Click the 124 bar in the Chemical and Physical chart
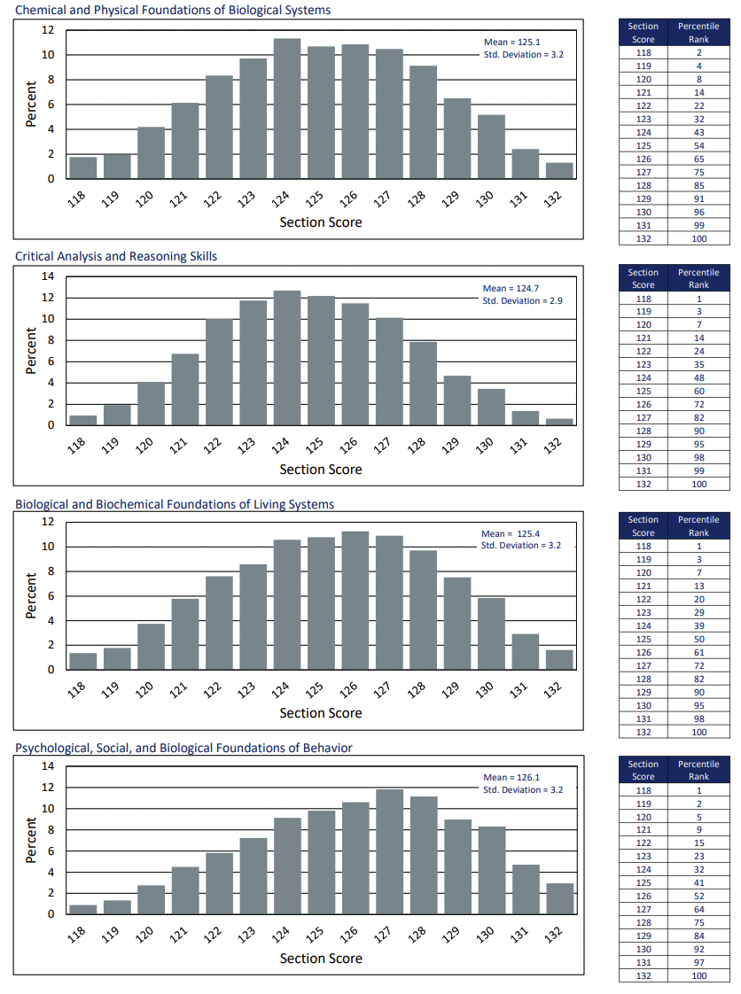point(287,108)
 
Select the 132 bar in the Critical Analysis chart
point(559,422)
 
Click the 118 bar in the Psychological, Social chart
point(82,909)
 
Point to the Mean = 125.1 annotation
point(511,42)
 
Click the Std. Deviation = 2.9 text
point(522,300)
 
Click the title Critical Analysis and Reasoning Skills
point(116,256)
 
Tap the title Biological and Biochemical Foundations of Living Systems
point(175,504)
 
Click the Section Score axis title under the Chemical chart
point(321,222)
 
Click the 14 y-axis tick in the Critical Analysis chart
point(49,276)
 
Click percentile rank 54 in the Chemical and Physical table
point(698,145)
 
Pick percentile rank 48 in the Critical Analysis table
point(698,377)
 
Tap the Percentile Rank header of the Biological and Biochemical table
point(698,526)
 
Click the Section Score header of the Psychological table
point(643,770)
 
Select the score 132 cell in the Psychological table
point(643,975)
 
